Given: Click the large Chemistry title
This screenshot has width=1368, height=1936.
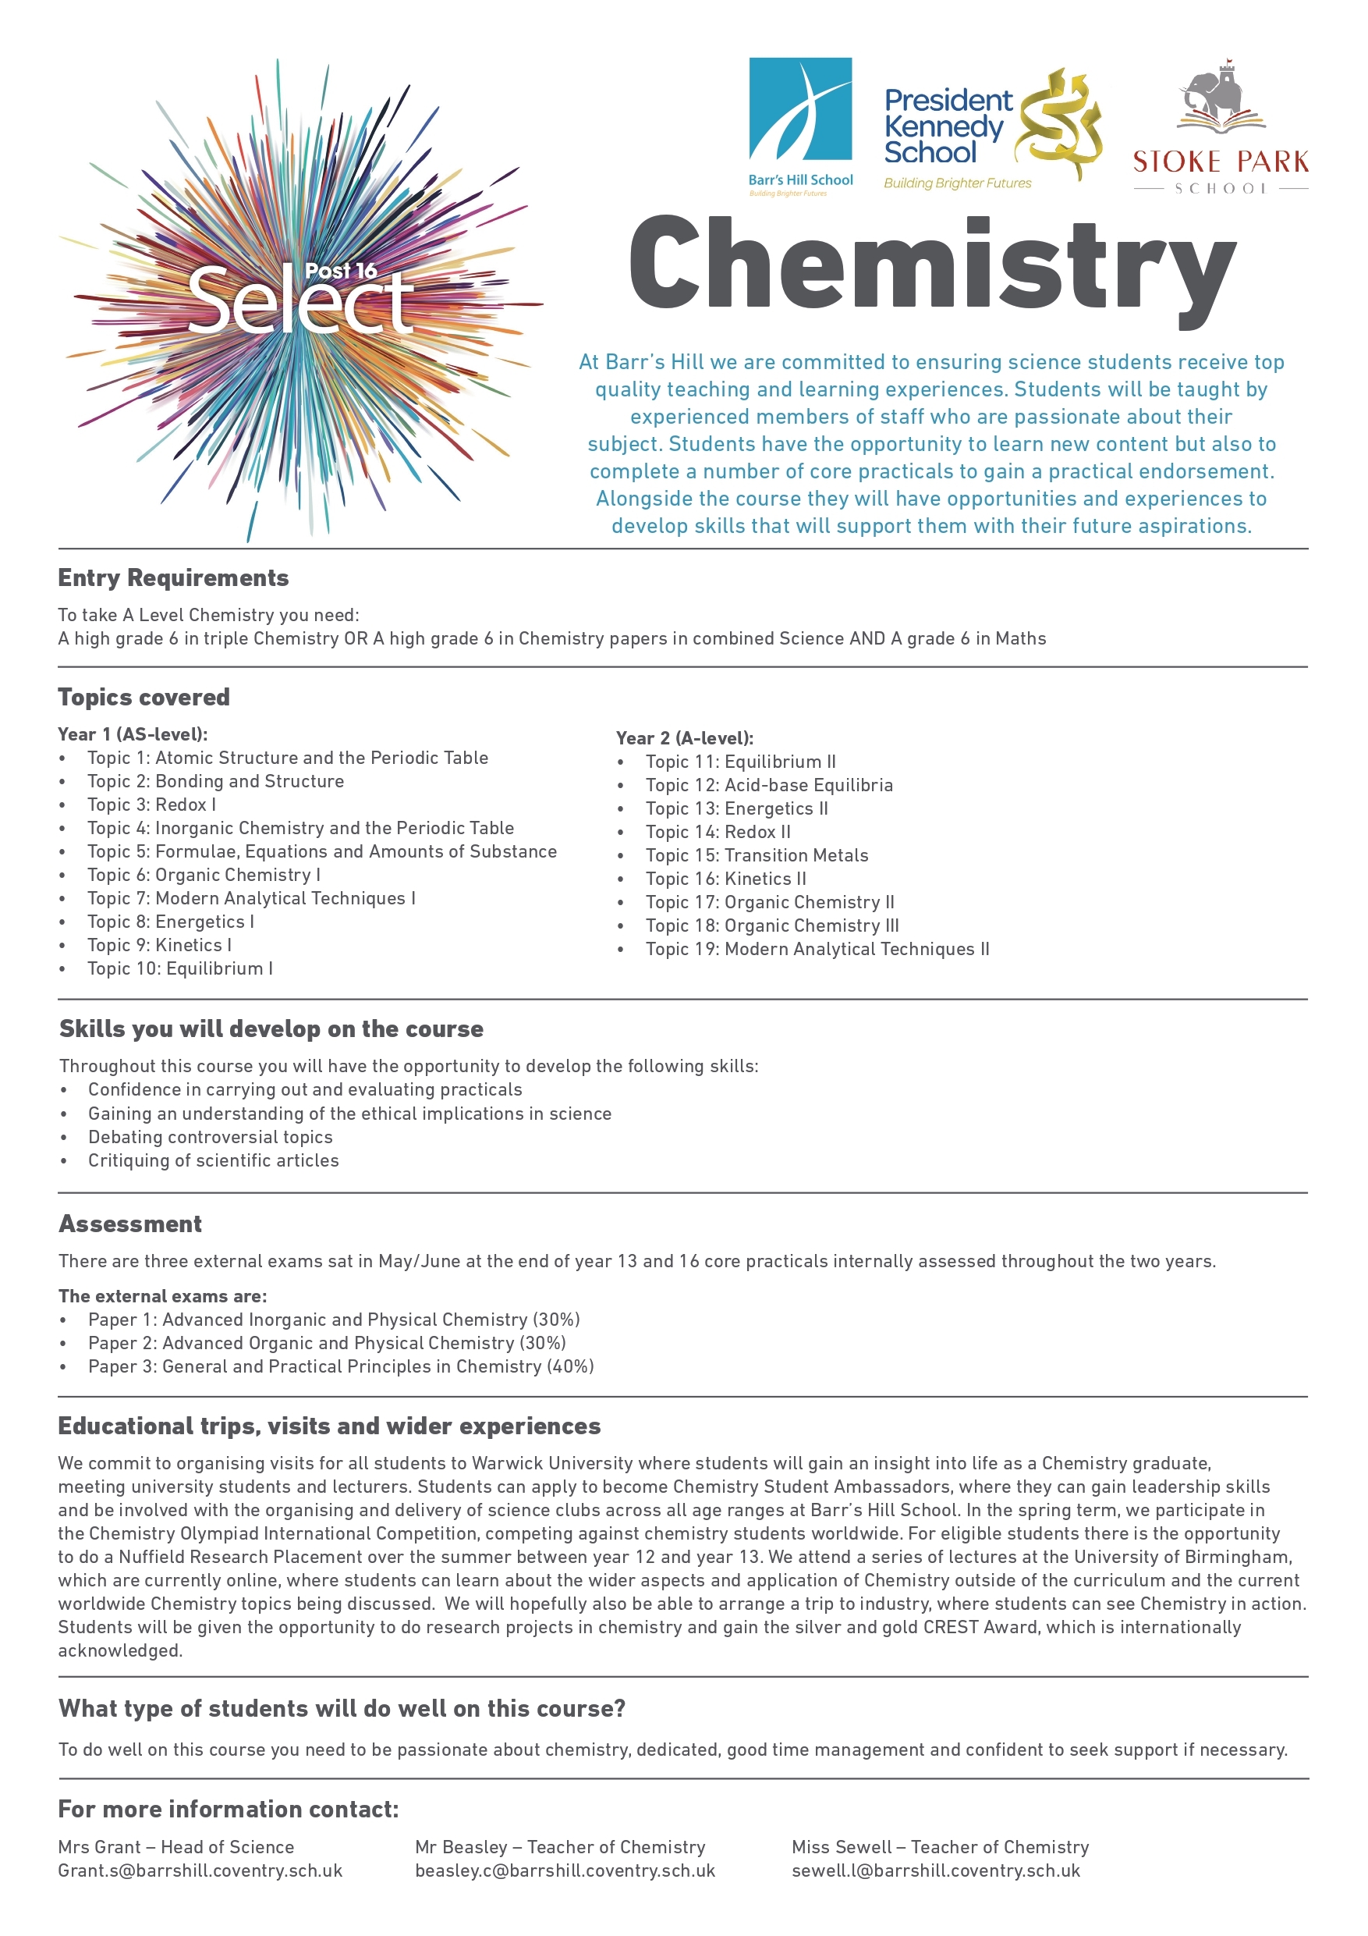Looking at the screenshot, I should [931, 265].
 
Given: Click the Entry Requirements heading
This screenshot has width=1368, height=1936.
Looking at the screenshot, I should [174, 577].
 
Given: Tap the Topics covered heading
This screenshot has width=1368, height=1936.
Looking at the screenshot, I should [144, 698].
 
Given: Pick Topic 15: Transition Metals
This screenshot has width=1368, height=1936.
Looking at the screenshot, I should [756, 855].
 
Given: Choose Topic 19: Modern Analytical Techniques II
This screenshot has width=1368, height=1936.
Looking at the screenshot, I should [817, 949].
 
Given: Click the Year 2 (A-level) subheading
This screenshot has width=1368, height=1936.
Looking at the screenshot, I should [685, 738].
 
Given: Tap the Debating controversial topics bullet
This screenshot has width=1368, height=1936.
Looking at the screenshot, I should [210, 1137].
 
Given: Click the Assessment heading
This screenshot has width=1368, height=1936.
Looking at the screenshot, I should [131, 1224].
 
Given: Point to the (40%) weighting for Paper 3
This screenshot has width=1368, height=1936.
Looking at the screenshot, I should [571, 1366].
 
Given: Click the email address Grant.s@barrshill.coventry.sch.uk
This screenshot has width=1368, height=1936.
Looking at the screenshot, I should [200, 1870].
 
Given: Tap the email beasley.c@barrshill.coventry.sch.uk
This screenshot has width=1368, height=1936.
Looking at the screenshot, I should [565, 1870].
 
